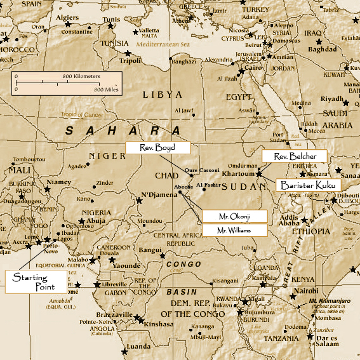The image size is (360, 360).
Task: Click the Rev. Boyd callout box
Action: (157, 147)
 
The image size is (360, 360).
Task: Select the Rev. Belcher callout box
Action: (294, 156)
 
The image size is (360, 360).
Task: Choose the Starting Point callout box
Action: (36, 282)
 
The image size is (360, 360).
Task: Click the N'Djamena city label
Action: (159, 195)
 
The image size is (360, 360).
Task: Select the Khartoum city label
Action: (239, 173)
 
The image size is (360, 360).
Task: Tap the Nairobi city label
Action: (306, 290)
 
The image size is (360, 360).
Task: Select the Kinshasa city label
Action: (153, 323)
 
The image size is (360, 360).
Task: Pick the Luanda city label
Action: (138, 347)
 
